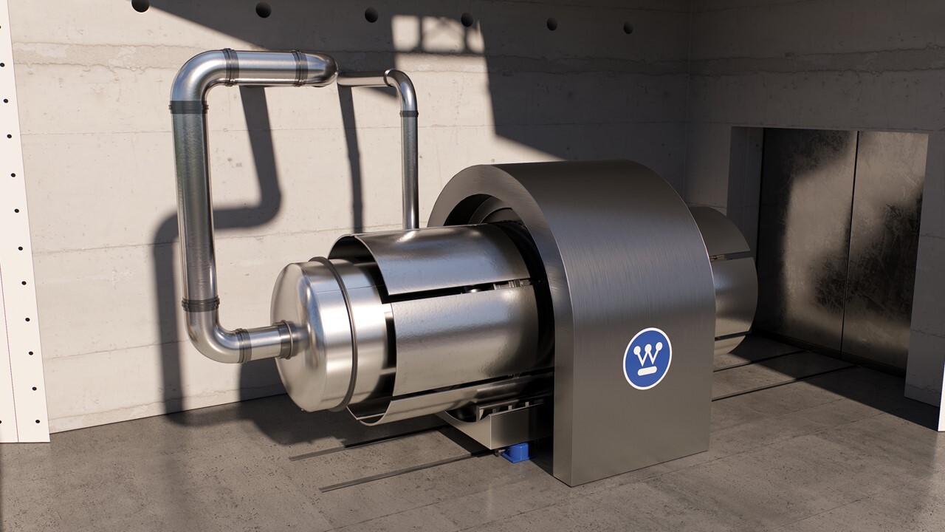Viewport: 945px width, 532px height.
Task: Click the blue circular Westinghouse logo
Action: (647, 358)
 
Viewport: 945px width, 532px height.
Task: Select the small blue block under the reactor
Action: (515, 453)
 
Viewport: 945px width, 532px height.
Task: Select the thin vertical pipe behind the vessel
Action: (410, 170)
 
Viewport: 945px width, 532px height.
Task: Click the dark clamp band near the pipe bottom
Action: (201, 304)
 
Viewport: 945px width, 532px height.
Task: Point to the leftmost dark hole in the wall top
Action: (140, 6)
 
